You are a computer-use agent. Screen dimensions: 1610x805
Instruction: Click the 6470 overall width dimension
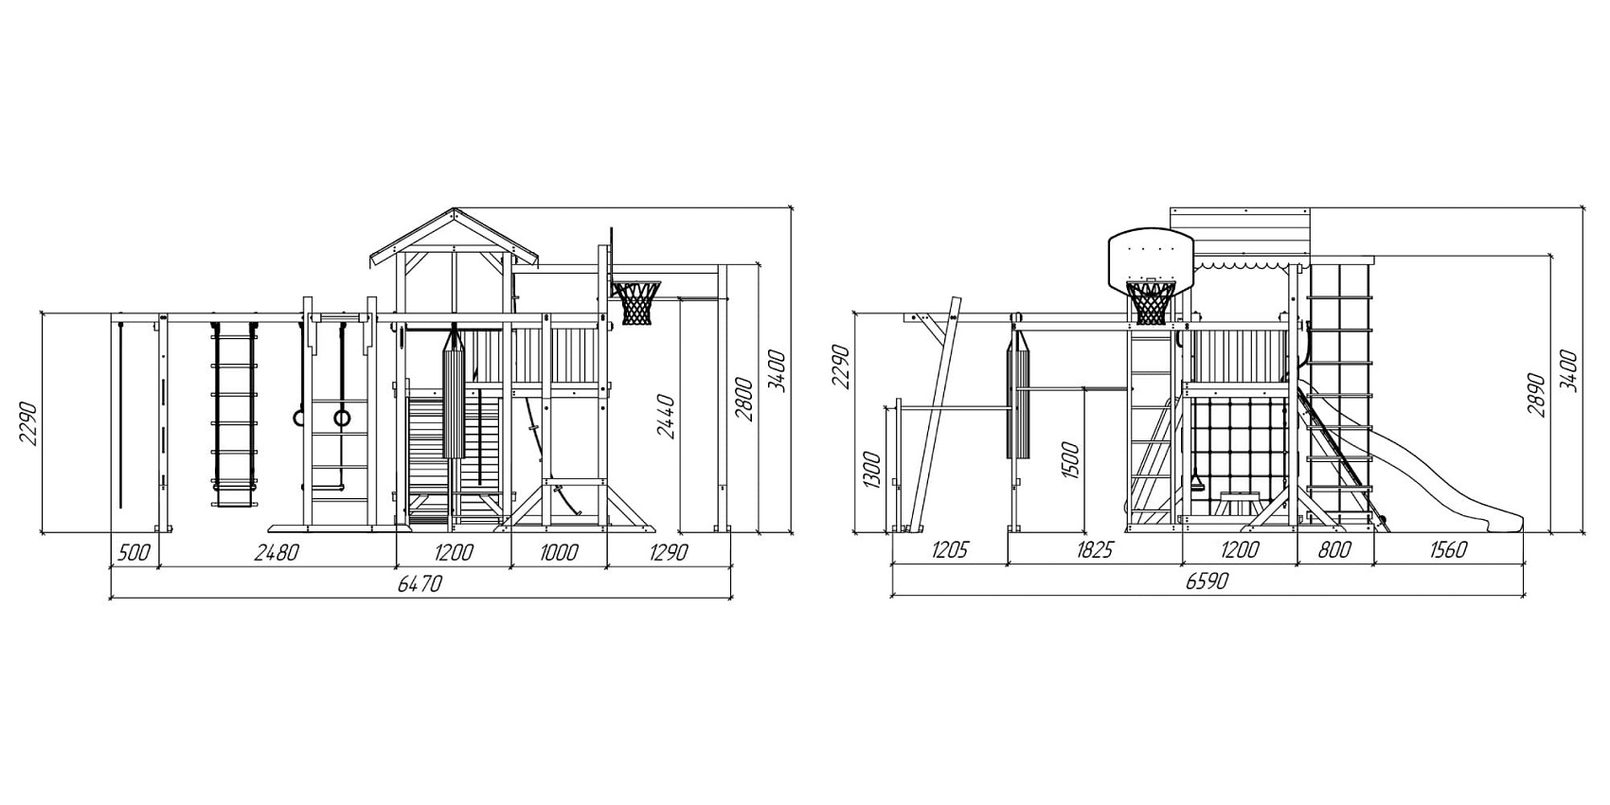420,583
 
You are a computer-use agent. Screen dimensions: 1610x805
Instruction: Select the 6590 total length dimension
1207,581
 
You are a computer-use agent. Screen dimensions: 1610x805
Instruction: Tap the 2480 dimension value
277,553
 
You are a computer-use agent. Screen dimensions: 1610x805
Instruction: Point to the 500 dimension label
134,553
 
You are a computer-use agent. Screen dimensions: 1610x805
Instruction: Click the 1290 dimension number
669,553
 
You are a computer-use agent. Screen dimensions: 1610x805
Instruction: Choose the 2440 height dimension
666,416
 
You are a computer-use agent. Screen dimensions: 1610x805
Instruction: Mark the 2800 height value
743,399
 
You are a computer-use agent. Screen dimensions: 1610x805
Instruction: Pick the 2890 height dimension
1537,395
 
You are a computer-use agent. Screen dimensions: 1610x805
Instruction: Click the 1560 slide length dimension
1447,550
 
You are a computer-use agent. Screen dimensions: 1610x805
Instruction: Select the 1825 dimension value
1094,550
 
